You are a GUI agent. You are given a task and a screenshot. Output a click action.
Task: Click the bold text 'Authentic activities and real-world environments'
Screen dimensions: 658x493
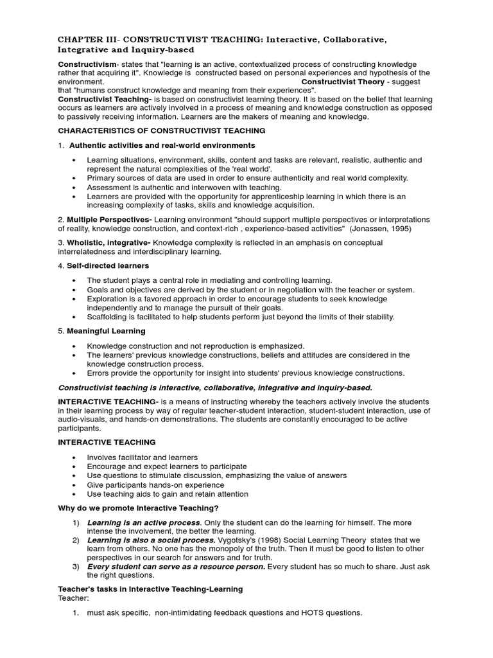(x=162, y=145)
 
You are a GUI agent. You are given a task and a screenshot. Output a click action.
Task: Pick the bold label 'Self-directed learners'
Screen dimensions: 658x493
(x=108, y=265)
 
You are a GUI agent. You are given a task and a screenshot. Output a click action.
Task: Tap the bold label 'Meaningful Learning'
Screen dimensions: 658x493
(x=106, y=331)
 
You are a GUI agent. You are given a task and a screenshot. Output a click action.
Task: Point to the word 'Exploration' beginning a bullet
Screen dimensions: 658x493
(x=108, y=299)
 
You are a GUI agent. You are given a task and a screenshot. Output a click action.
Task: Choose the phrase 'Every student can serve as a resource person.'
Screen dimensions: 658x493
(x=176, y=567)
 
